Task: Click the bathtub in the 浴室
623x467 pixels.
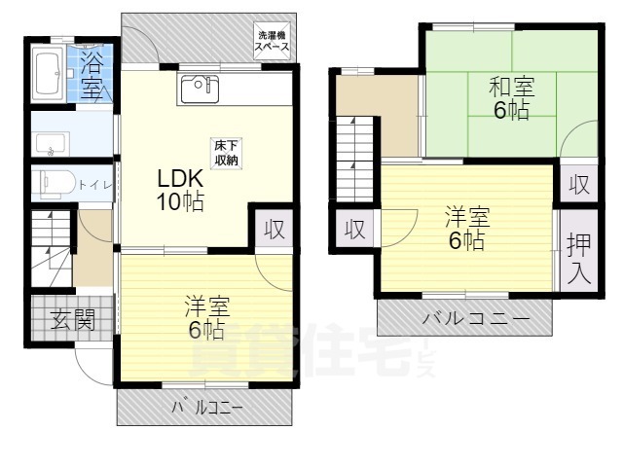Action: [x=48, y=74]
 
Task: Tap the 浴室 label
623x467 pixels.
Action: [x=92, y=77]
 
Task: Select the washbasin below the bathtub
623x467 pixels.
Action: [x=54, y=142]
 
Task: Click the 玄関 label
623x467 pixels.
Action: [x=72, y=320]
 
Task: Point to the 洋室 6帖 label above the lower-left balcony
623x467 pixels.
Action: [x=206, y=318]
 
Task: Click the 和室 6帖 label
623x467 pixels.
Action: [x=509, y=97]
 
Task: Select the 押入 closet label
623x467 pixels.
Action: [x=578, y=258]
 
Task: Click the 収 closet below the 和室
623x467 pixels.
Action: [x=579, y=184]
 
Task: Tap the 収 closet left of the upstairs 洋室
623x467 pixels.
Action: [x=355, y=230]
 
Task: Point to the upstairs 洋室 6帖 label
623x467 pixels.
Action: [x=466, y=228]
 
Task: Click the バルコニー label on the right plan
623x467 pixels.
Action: [x=476, y=318]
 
